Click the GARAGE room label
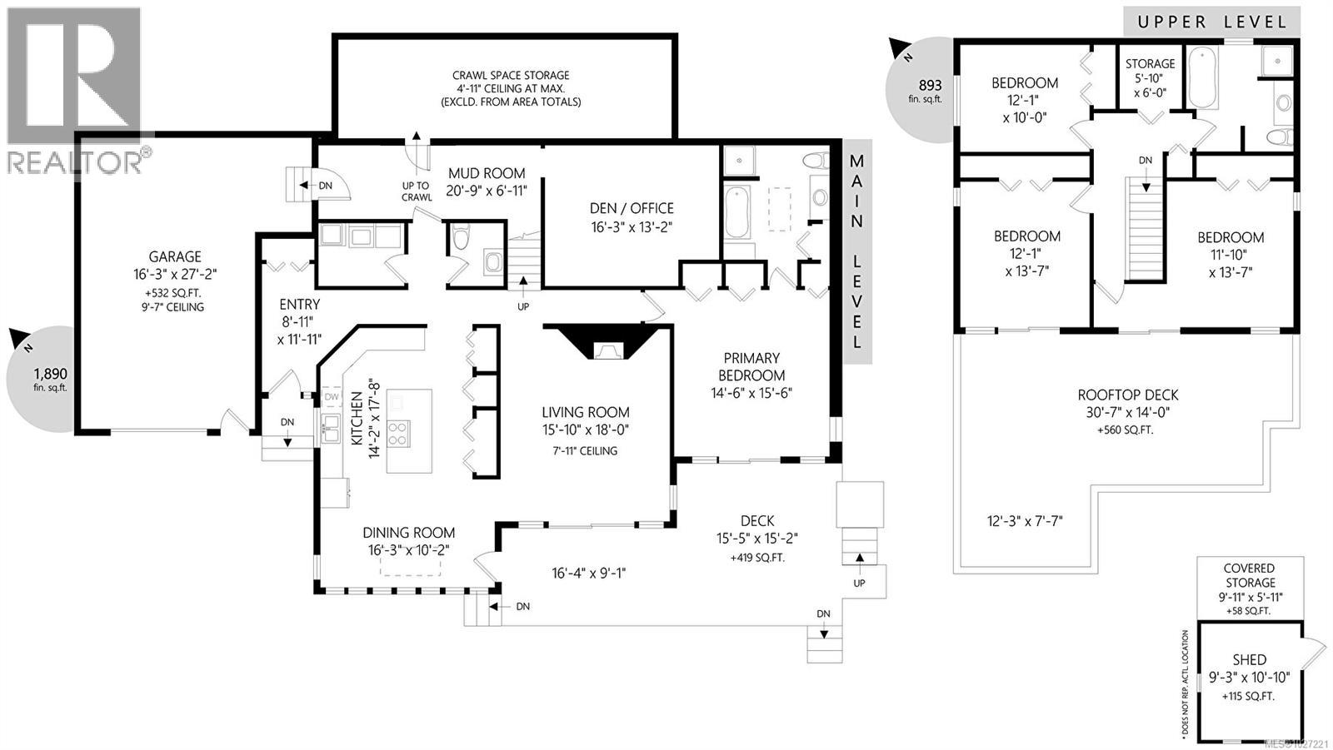(175, 257)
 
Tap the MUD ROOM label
(487, 174)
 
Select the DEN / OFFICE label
(632, 209)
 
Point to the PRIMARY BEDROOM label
(751, 367)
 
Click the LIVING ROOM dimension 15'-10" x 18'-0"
(585, 430)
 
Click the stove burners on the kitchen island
(398, 434)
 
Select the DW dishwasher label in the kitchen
(332, 397)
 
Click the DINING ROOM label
(409, 533)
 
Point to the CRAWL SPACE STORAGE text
(511, 76)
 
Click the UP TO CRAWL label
(416, 191)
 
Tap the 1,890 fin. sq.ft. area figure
(50, 380)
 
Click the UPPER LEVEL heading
(1211, 22)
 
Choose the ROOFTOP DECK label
(1128, 395)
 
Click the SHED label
(1249, 660)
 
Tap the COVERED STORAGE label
(1250, 575)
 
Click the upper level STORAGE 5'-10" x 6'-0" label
(1150, 78)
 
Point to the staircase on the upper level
(1146, 229)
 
